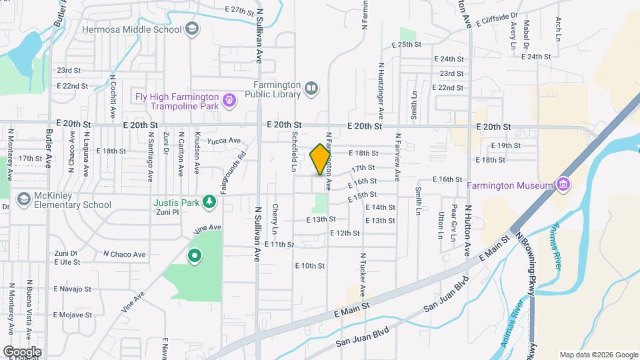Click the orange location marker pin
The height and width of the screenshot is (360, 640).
coord(321,160)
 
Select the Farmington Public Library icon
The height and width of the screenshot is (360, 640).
coord(311,89)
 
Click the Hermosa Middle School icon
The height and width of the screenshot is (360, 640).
coord(192,29)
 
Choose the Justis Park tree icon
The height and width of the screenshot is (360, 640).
coord(209,201)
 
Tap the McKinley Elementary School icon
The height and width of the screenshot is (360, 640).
coord(23,199)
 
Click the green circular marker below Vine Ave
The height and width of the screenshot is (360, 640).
coord(195,255)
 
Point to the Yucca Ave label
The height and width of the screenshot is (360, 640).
coord(224,141)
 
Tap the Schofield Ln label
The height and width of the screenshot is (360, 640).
coord(293,151)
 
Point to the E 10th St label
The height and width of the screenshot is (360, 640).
coord(309,265)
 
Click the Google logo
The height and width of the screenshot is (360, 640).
coord(21,351)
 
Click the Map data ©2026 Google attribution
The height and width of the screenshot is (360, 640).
coord(598,355)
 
